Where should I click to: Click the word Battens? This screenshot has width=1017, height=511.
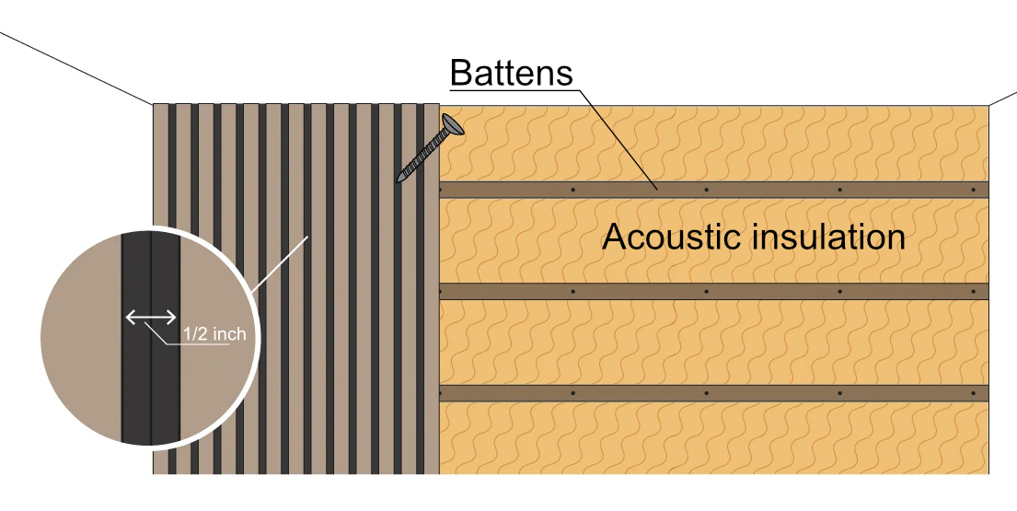(x=512, y=73)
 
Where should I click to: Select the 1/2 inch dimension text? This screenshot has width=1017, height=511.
(x=214, y=334)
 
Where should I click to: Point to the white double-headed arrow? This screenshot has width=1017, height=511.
(x=151, y=318)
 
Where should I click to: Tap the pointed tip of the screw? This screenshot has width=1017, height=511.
(x=399, y=179)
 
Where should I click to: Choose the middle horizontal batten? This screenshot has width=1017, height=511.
(x=713, y=291)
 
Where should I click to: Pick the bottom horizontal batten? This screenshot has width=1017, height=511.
(x=713, y=393)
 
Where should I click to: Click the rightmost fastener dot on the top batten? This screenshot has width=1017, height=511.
(x=972, y=190)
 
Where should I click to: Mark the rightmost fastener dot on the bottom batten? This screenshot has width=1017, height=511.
(x=972, y=393)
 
